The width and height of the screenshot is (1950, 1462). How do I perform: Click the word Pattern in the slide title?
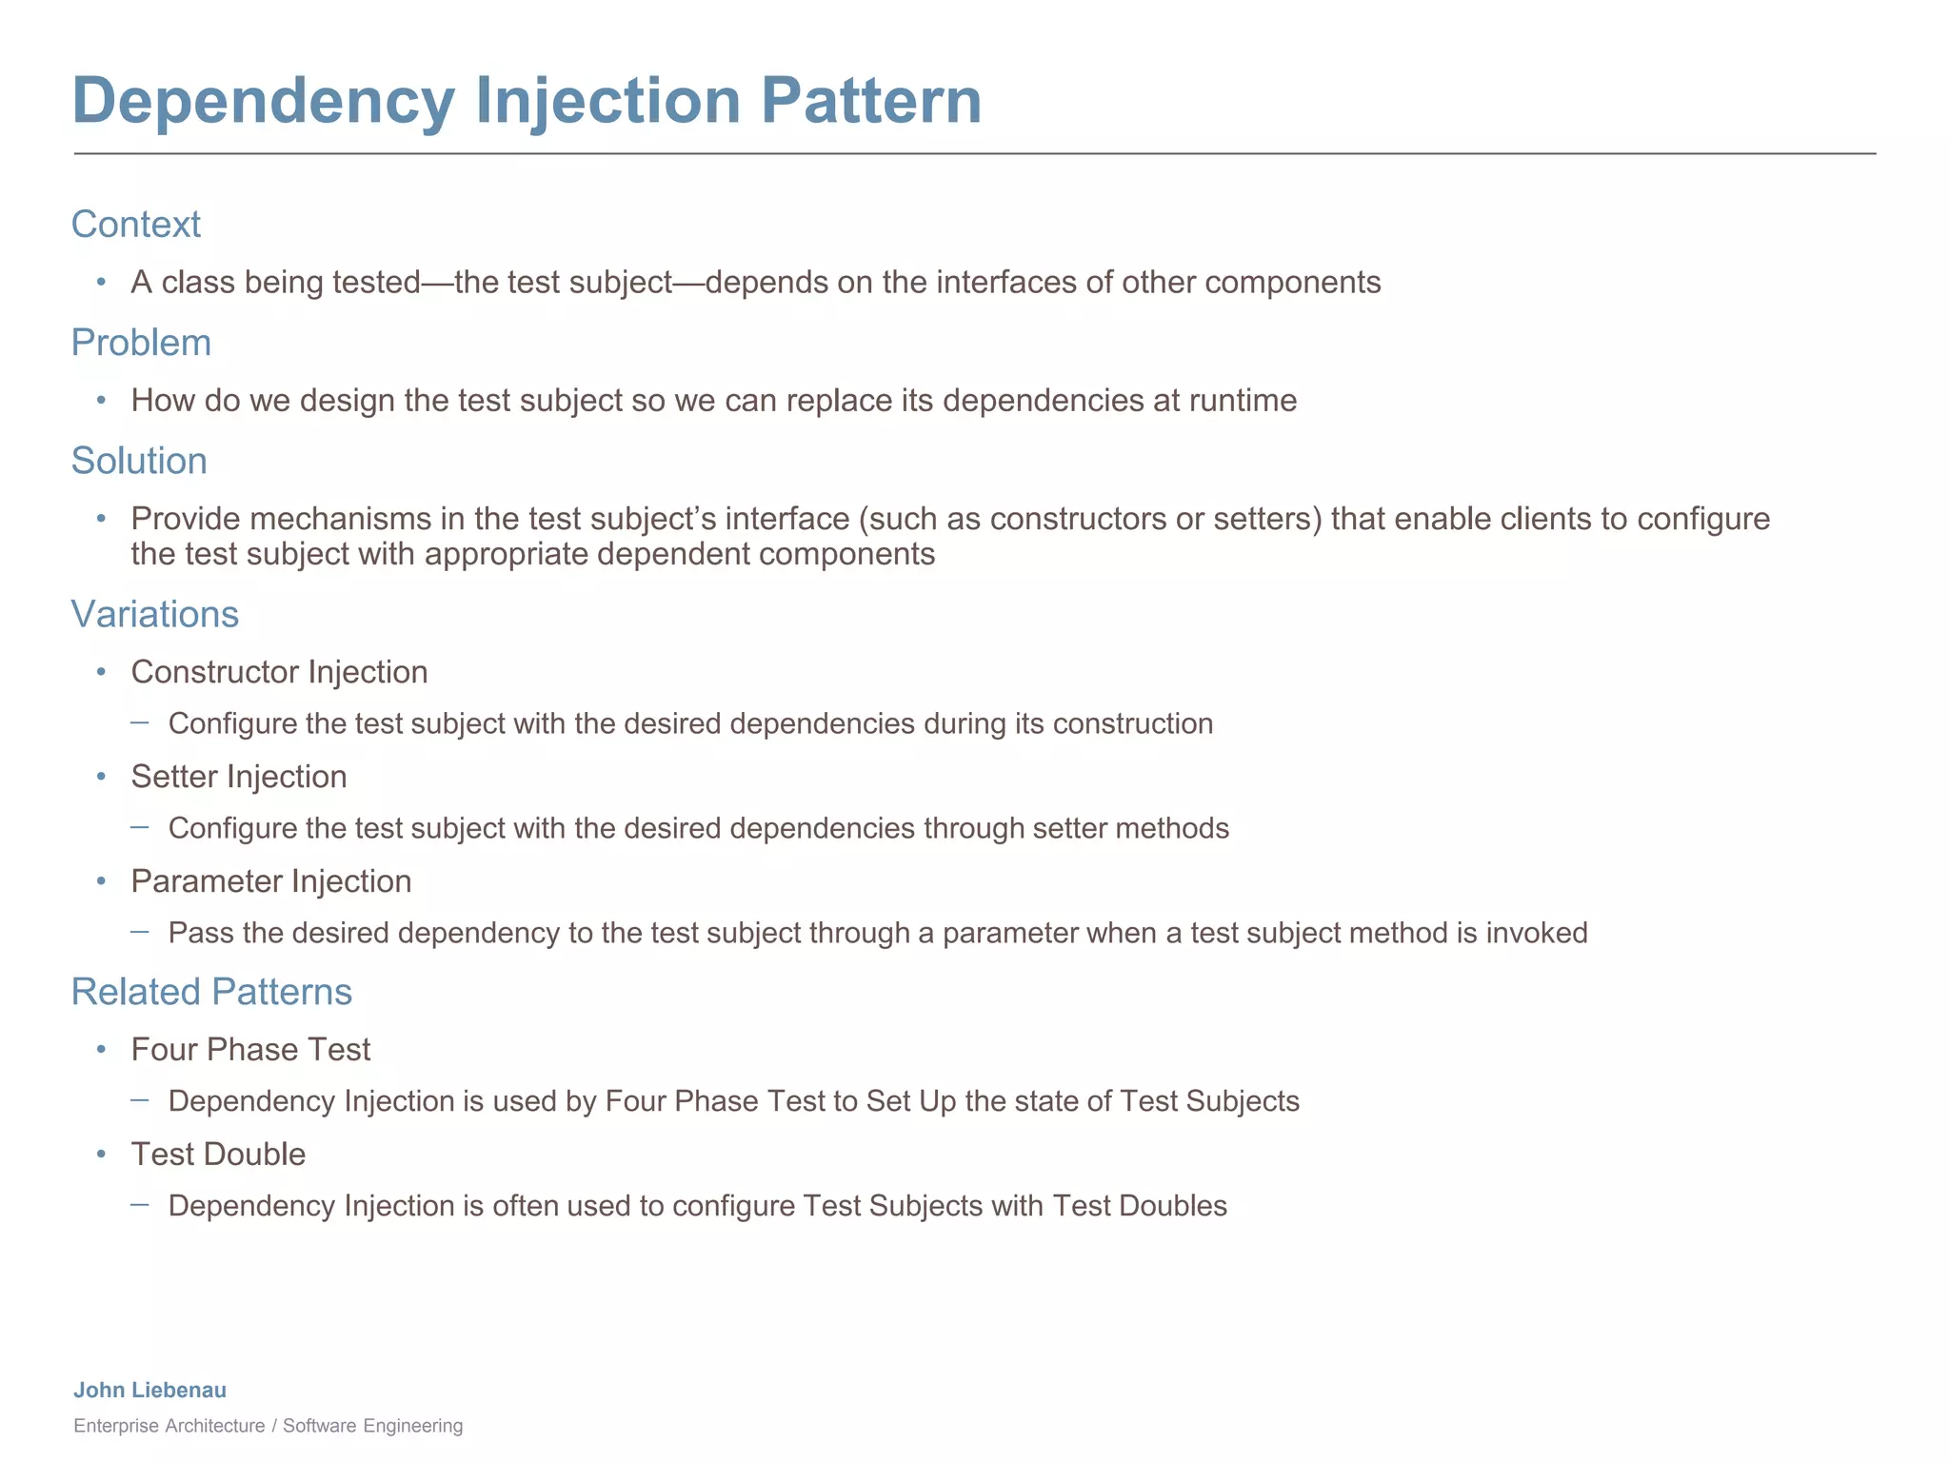(870, 100)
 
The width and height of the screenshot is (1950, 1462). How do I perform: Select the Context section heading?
(136, 225)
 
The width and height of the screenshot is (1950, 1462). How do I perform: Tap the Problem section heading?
(141, 343)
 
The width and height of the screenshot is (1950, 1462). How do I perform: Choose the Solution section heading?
(139, 461)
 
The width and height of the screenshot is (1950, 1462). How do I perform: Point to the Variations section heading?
(155, 614)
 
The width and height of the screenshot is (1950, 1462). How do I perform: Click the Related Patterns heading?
(211, 992)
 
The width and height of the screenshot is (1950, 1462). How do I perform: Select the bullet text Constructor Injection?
(279, 672)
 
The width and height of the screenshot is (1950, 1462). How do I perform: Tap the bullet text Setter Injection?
(238, 777)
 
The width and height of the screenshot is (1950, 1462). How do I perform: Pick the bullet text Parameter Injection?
(270, 881)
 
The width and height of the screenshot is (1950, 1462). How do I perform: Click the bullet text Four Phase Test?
(250, 1049)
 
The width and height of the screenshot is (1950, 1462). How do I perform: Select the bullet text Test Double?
(218, 1154)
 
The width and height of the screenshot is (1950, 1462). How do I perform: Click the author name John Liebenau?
(149, 1390)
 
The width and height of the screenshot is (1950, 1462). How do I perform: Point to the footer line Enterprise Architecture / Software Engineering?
(268, 1426)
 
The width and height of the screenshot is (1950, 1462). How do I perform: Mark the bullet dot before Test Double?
(101, 1155)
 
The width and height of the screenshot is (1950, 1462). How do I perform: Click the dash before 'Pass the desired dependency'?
(140, 932)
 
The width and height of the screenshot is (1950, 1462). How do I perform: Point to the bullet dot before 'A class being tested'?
(101, 283)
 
